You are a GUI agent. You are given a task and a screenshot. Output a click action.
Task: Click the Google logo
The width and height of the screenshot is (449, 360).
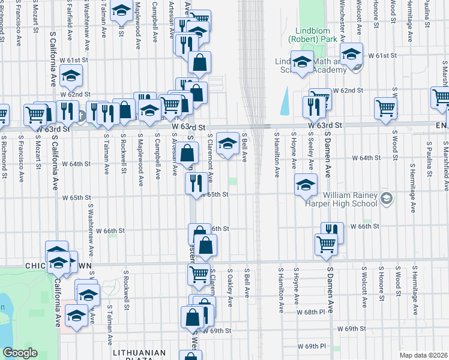[x=20, y=353]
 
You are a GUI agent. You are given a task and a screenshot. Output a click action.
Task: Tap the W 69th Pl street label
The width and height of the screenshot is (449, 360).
[x=312, y=346]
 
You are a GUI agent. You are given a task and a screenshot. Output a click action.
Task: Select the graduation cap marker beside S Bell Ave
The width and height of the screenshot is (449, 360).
[x=227, y=143]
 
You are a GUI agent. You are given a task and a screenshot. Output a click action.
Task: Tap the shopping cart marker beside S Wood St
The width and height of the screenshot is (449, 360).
[x=385, y=108]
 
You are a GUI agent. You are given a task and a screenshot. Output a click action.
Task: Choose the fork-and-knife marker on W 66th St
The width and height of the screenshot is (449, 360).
[x=332, y=232]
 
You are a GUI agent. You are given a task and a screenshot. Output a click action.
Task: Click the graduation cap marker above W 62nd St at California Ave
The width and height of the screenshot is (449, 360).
[x=71, y=76]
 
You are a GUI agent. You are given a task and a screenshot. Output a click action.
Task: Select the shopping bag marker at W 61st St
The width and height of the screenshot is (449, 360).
[x=199, y=62]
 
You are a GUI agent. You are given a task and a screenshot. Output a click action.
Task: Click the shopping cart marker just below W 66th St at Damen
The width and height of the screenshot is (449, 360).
[x=325, y=244]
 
